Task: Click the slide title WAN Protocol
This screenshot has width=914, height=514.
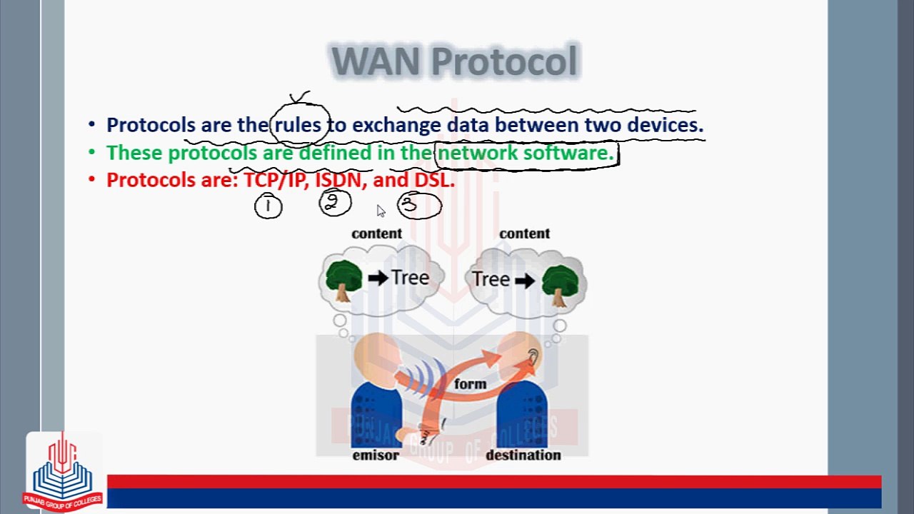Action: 454,61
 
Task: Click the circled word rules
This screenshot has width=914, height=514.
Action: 298,125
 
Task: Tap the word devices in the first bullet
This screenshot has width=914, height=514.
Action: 665,125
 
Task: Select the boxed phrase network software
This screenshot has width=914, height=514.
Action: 526,153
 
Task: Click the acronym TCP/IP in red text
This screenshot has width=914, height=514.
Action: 274,180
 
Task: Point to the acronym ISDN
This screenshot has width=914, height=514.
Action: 338,180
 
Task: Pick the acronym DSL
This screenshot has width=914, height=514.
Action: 433,180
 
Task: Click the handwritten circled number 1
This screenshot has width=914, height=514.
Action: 268,206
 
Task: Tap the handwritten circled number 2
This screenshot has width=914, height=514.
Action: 334,204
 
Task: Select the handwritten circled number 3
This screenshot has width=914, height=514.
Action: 419,206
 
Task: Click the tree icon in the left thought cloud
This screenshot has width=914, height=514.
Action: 343,279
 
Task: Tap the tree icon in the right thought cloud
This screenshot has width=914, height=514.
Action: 561,282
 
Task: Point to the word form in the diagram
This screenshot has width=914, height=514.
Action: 470,384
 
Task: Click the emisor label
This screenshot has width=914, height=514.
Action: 376,455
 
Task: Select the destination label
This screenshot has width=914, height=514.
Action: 523,455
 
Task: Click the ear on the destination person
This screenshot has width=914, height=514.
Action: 533,356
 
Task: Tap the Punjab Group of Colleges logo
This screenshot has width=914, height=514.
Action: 63,471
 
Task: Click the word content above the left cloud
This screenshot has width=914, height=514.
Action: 376,233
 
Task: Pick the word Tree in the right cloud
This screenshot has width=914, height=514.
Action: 491,279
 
